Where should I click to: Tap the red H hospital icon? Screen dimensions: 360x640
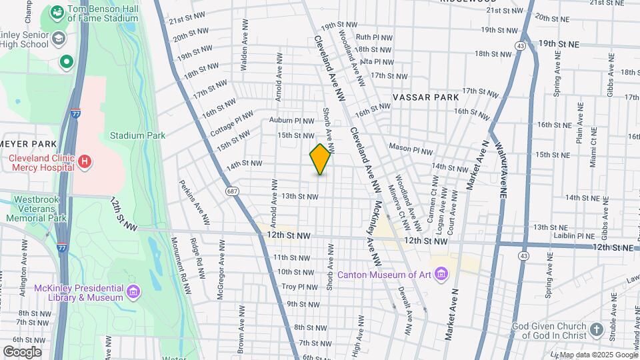coord(84,161)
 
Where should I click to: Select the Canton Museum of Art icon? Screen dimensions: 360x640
coord(441,273)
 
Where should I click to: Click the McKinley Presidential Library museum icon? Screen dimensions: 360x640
coord(133,291)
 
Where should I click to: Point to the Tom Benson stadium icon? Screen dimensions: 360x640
coord(57,12)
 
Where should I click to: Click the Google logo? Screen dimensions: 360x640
coord(22,352)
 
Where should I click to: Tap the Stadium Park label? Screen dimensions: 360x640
coord(137,135)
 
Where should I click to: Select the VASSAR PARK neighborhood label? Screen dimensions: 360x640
coord(425,97)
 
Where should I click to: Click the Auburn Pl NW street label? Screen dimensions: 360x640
coord(291,121)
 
